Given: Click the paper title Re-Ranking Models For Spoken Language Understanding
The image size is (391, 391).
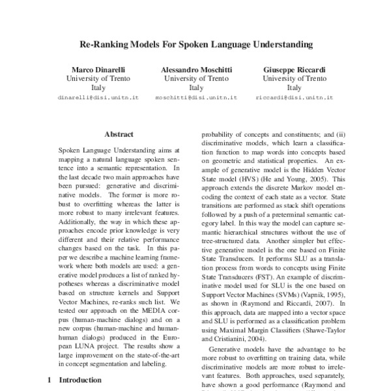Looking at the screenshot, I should (x=195, y=46).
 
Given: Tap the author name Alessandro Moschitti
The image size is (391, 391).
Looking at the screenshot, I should (x=196, y=69).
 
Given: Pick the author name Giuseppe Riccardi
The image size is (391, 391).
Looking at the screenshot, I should (x=294, y=69).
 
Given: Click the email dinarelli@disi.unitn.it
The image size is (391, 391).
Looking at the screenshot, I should (x=98, y=97).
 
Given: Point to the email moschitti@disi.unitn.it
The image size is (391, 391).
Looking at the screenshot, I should (x=196, y=97).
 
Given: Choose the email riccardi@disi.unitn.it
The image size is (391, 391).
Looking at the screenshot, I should (x=294, y=97).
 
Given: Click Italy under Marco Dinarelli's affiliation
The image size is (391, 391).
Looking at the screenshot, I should (x=98, y=87).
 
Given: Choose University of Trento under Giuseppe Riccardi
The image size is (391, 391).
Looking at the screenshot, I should (x=294, y=78).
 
